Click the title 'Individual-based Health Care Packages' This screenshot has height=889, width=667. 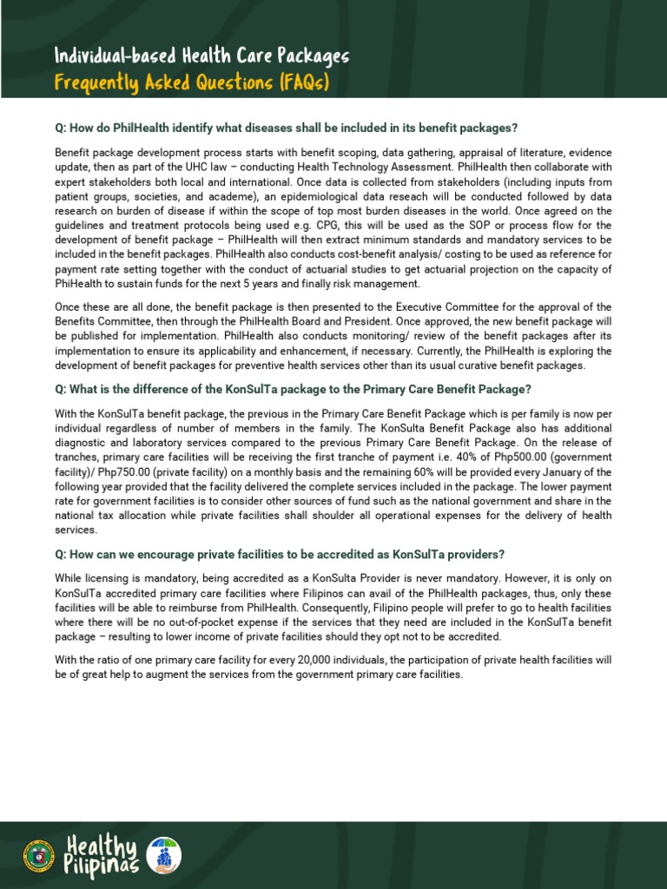[201, 57]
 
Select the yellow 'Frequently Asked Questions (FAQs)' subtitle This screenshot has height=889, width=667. [192, 83]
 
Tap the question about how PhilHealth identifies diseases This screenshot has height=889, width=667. [286, 128]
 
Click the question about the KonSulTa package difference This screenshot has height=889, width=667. [293, 389]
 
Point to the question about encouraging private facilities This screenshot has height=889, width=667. [279, 555]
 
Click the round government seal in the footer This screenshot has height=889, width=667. [38, 855]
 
